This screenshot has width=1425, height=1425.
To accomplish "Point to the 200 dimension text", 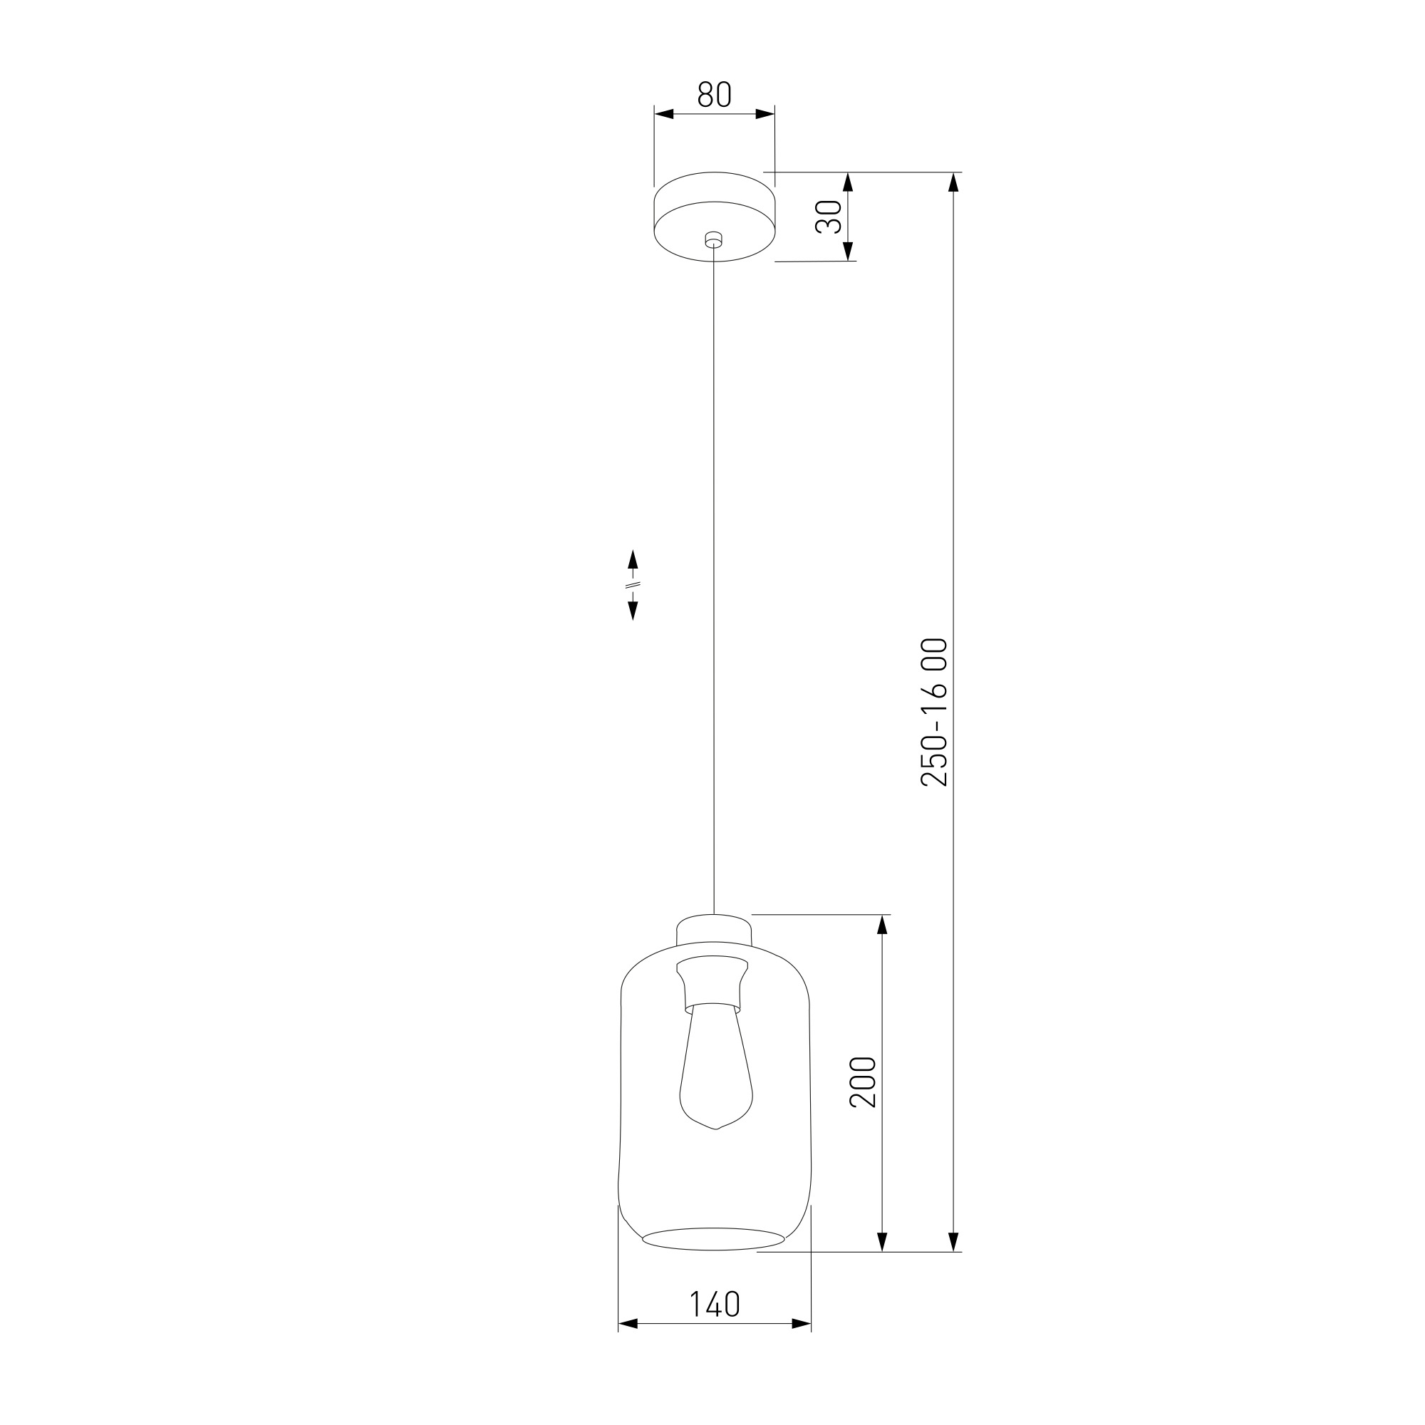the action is point(863,1082).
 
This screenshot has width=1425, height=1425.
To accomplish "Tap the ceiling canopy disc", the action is point(714,217).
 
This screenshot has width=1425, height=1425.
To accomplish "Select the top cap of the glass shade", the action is point(714,928).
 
